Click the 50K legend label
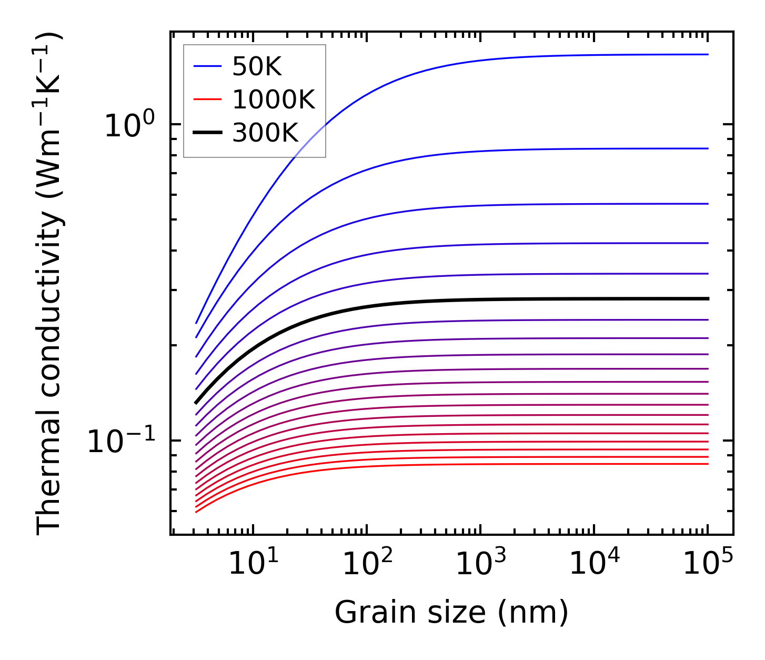257,67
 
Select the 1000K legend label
273,99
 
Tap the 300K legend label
265,133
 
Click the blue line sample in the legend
207,66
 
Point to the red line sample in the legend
207,99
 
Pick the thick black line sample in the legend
207,133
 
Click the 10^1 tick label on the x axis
254,565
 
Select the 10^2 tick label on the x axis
367,565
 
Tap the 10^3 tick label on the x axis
481,565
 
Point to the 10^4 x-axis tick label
595,565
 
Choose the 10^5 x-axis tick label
708,565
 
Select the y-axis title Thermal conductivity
50,284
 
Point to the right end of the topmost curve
708,54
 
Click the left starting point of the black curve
196,403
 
